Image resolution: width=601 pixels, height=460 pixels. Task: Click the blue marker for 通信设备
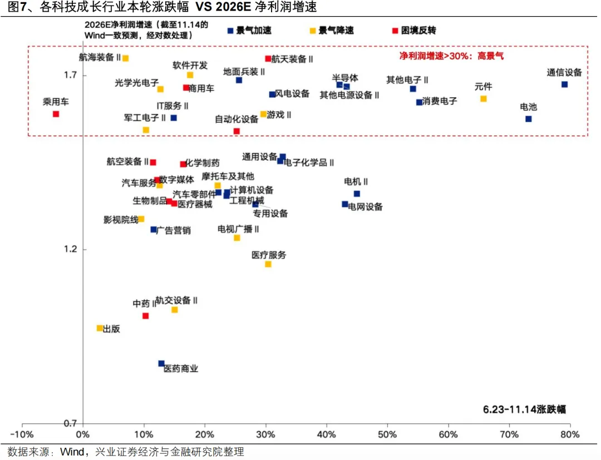point(564,85)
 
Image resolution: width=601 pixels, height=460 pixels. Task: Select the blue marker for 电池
point(528,119)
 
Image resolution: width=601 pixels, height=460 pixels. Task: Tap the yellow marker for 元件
point(483,99)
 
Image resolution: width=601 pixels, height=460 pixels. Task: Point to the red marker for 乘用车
point(56,114)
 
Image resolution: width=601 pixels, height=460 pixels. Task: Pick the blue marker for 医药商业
point(161,364)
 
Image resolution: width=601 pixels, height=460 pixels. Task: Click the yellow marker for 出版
point(100,328)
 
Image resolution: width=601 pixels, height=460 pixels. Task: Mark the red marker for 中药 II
point(145,316)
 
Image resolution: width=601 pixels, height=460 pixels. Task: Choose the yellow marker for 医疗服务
point(268,264)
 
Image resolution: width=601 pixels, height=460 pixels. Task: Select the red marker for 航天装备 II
point(268,58)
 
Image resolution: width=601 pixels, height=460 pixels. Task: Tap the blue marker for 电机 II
point(357,194)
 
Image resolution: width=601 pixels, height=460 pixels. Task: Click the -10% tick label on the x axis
point(22,434)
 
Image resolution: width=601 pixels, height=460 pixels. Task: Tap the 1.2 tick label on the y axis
point(70,249)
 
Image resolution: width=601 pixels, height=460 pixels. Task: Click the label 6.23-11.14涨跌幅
point(524,409)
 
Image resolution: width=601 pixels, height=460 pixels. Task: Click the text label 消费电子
point(440,101)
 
